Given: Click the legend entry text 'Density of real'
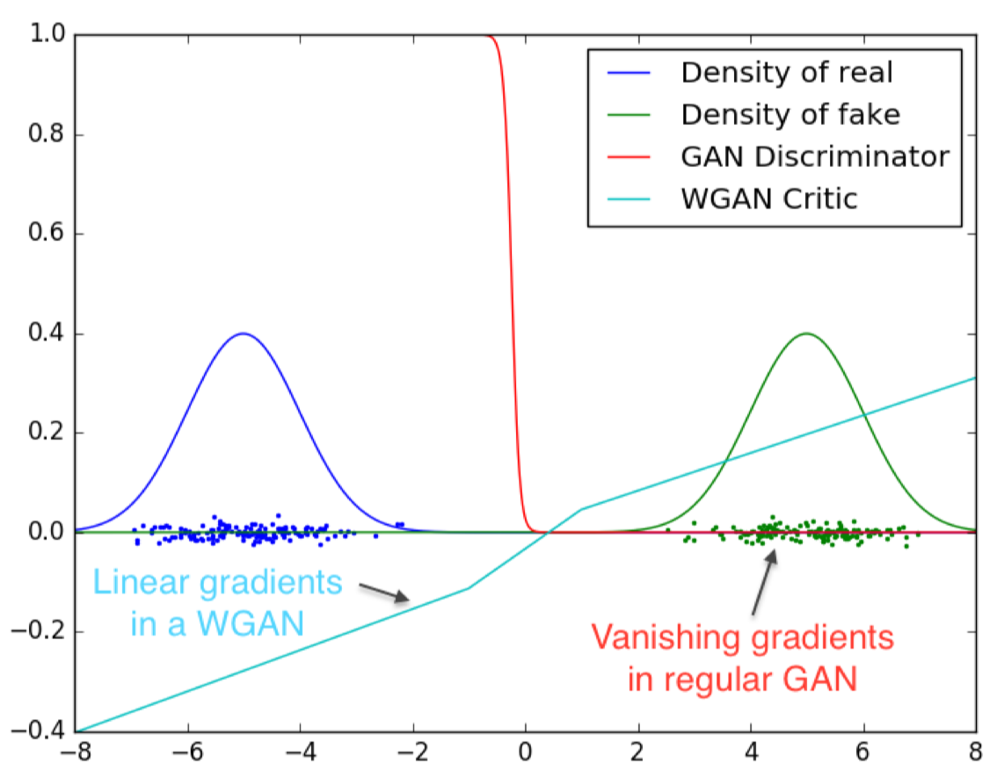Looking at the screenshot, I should click(786, 72).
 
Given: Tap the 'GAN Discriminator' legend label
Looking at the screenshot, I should click(814, 157).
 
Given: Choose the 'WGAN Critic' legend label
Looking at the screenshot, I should click(768, 199).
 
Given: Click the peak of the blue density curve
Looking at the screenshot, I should click(244, 333).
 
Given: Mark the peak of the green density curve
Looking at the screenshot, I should click(806, 333).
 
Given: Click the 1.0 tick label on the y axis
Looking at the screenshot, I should click(47, 35).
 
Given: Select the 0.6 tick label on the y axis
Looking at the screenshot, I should click(47, 235).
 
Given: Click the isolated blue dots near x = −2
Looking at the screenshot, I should click(399, 525).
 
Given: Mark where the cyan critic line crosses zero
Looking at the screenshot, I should click(548, 533).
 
